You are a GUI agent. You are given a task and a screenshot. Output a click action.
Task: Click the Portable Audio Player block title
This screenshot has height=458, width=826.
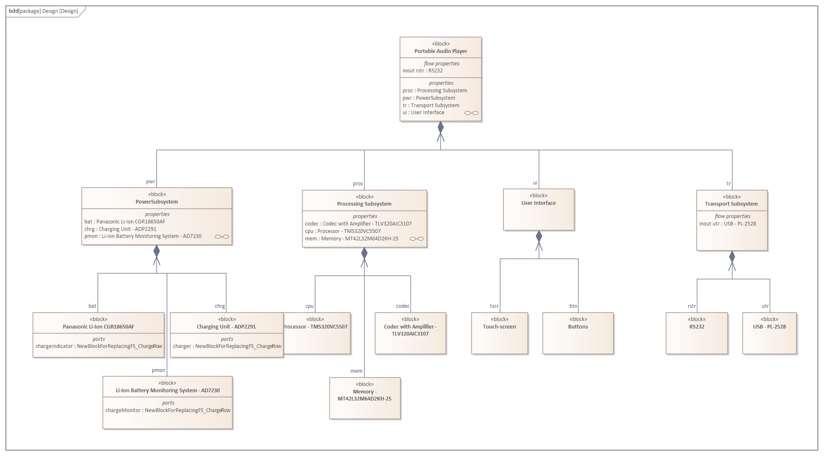click(x=441, y=51)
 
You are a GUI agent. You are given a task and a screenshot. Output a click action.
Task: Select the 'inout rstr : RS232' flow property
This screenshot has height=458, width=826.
click(x=423, y=71)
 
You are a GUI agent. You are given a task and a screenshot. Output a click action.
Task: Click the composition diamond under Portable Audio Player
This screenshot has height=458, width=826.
click(x=441, y=127)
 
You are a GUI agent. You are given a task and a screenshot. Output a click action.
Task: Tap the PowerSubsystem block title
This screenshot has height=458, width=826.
click(x=157, y=202)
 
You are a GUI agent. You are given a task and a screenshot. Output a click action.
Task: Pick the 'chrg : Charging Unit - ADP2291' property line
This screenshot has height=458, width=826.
click(x=120, y=229)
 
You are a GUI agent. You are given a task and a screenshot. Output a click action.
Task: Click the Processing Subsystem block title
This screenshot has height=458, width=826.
click(x=364, y=204)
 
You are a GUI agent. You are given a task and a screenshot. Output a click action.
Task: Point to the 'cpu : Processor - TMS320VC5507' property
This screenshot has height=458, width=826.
click(x=343, y=231)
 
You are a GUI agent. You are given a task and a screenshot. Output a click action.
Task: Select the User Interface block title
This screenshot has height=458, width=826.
click(x=538, y=203)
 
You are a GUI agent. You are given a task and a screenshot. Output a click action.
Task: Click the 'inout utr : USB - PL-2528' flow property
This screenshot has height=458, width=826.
click(x=728, y=224)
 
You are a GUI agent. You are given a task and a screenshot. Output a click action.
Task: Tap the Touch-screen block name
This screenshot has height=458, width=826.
click(x=499, y=327)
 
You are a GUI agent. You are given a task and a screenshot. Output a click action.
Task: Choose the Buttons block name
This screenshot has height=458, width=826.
click(x=578, y=327)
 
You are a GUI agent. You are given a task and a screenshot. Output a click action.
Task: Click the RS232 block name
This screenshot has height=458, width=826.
click(x=697, y=327)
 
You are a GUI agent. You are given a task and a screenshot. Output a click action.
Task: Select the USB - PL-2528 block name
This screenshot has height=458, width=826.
click(x=769, y=327)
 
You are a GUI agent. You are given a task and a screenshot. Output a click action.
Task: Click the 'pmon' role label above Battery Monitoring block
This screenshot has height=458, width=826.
click(x=158, y=370)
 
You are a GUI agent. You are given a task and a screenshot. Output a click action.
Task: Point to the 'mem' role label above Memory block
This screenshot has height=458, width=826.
click(x=356, y=371)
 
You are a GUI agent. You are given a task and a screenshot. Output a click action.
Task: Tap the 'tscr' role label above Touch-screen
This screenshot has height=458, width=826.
click(x=494, y=306)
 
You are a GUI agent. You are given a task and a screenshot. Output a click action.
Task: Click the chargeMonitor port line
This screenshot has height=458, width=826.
click(x=168, y=410)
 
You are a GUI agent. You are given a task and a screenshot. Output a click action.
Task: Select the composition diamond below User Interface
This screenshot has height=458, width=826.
click(x=539, y=237)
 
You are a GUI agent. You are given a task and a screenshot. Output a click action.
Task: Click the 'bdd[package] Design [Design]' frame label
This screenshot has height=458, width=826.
click(x=43, y=11)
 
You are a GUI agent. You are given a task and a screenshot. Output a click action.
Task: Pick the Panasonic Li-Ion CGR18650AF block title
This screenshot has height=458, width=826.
click(x=98, y=327)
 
